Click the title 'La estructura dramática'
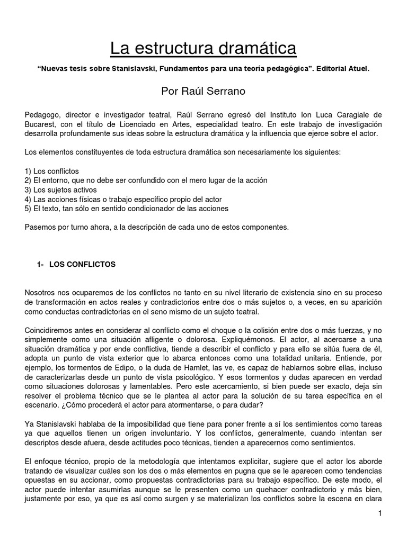point(203,49)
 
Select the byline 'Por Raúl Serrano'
point(203,91)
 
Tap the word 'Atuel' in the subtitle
point(356,69)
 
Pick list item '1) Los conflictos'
point(52,171)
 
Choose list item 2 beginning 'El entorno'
point(146,180)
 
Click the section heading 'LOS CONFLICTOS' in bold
point(82,264)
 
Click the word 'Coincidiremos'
point(50,330)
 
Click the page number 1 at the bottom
point(380,513)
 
